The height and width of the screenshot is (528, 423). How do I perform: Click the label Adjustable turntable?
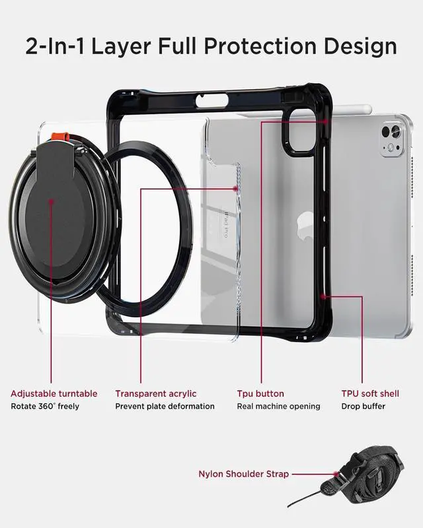[54, 394]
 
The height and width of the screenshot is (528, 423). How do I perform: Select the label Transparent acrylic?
[156, 394]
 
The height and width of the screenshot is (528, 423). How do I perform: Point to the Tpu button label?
[260, 394]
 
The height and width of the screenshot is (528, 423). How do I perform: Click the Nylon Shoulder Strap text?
[243, 474]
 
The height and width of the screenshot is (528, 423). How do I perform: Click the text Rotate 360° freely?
[44, 407]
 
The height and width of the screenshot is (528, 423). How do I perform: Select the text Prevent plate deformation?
[165, 407]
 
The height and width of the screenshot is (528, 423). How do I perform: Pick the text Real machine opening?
[278, 407]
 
